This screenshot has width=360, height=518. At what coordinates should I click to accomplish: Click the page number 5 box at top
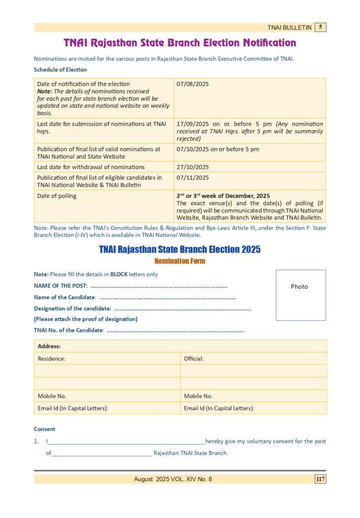[x=320, y=27]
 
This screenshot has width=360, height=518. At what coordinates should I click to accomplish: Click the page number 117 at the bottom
[x=320, y=479]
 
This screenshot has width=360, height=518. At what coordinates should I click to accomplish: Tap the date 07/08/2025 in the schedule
[x=192, y=84]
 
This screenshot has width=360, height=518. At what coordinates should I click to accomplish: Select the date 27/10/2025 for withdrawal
[x=192, y=167]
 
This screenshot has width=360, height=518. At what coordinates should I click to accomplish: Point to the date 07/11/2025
[x=192, y=178]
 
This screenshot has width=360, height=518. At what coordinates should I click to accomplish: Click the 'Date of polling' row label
[x=57, y=196]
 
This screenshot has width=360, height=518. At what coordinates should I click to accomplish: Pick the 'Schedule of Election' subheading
[x=60, y=70]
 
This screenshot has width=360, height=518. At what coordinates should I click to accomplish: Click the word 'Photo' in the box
[x=299, y=287]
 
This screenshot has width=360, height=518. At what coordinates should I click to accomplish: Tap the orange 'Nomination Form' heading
[x=180, y=261]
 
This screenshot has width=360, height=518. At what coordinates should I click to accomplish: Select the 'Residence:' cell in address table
[x=52, y=359]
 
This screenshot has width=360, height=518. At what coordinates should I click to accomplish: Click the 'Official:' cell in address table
[x=194, y=359]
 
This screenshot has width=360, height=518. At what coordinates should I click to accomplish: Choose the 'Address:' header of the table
[x=49, y=346]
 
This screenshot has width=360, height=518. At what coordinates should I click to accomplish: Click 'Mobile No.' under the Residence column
[x=52, y=396]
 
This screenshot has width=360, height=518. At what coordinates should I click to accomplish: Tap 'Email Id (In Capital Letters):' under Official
[x=219, y=408]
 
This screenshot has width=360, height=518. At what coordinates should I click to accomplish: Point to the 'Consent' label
[x=45, y=429]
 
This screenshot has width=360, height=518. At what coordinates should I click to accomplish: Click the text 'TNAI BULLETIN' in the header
[x=289, y=28]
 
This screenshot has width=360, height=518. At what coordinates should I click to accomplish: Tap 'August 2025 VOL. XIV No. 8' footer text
[x=173, y=479]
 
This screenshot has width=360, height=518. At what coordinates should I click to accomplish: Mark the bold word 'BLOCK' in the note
[x=119, y=274]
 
